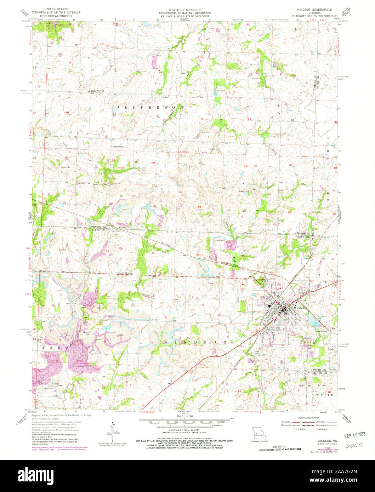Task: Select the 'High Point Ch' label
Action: pos(99,90)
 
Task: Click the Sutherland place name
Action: pos(118,146)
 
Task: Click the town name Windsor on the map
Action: pos(299,308)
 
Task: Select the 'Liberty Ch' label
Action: pos(122,273)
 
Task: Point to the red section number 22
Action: pos(200,162)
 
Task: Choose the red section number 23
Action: pos(245,166)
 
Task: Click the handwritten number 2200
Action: pos(354,447)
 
